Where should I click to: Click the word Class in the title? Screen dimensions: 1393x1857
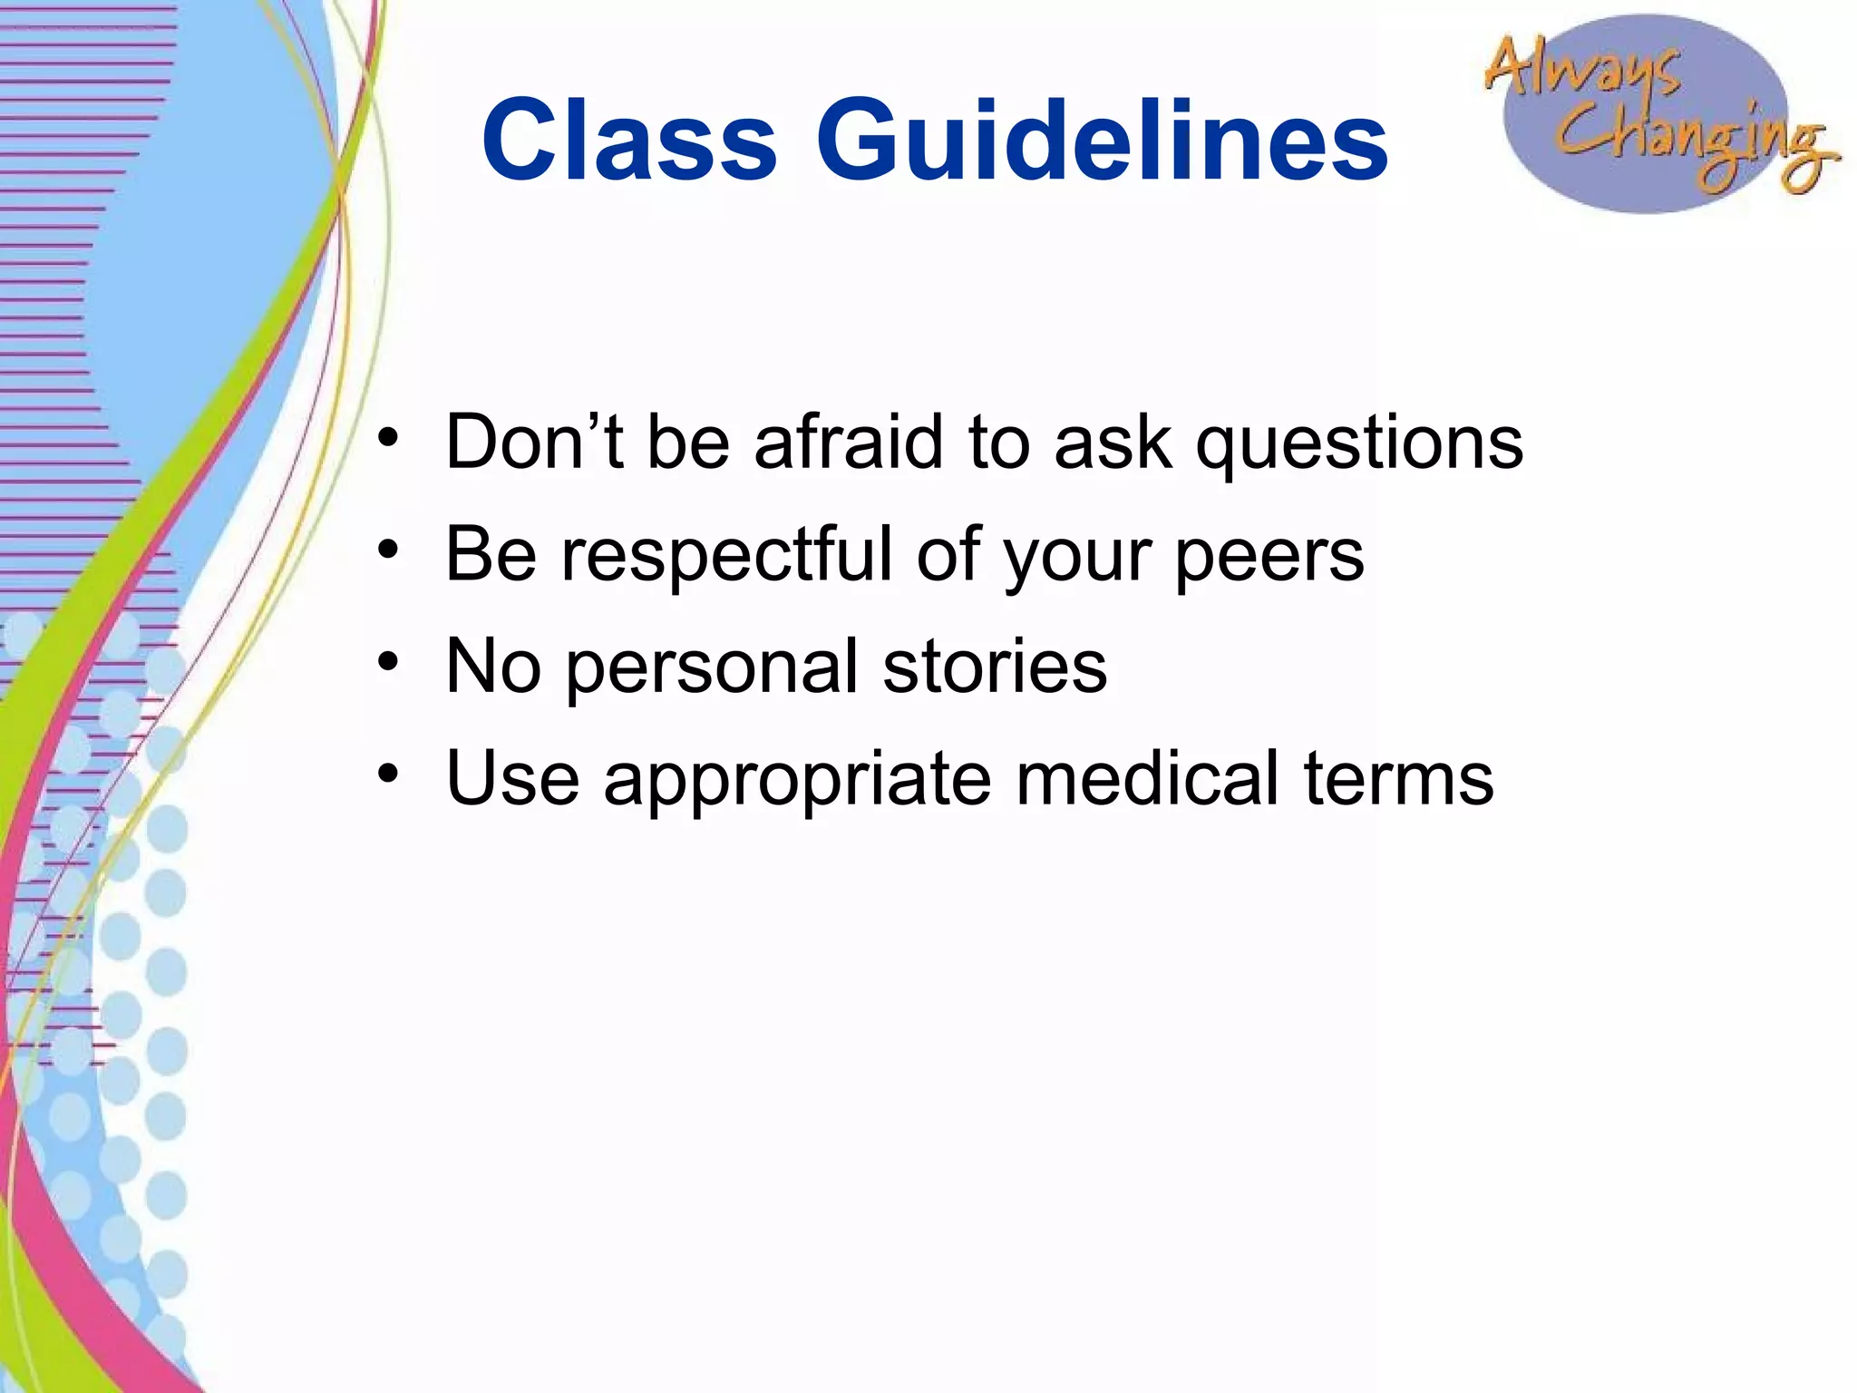[x=629, y=141]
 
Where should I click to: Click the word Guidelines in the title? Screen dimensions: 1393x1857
[x=1102, y=141]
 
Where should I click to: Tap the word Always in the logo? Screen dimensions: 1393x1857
[x=1582, y=68]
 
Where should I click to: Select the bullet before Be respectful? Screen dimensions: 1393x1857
[x=388, y=550]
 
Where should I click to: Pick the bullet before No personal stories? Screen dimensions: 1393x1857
[x=388, y=663]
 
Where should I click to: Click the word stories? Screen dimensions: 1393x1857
[x=995, y=667]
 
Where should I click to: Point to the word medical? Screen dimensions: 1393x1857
[x=1148, y=778]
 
